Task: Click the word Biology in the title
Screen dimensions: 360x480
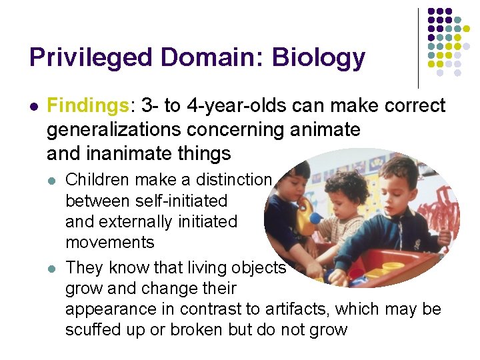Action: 317,58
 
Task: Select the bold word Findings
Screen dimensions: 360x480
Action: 87,105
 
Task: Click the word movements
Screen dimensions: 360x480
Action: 109,242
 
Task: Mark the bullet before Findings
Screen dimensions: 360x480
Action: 33,106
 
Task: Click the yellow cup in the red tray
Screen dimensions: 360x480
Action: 393,268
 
